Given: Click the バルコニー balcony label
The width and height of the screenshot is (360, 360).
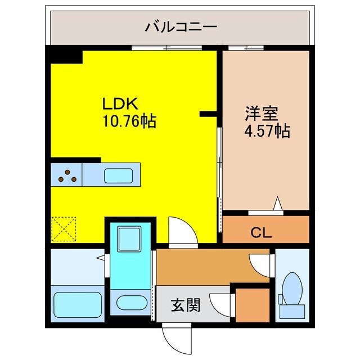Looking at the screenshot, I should [x=181, y=26].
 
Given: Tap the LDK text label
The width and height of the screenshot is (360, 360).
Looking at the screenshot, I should [x=116, y=105].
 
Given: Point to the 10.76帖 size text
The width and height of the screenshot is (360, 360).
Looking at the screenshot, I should [x=129, y=120].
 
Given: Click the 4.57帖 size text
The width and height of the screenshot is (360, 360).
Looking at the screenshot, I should [x=267, y=132].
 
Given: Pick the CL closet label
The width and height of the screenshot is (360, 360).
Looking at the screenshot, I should [x=261, y=232].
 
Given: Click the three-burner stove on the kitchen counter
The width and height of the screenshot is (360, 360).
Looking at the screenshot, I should [x=66, y=175].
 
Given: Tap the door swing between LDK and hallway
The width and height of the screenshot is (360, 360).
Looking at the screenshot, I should [x=181, y=231].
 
